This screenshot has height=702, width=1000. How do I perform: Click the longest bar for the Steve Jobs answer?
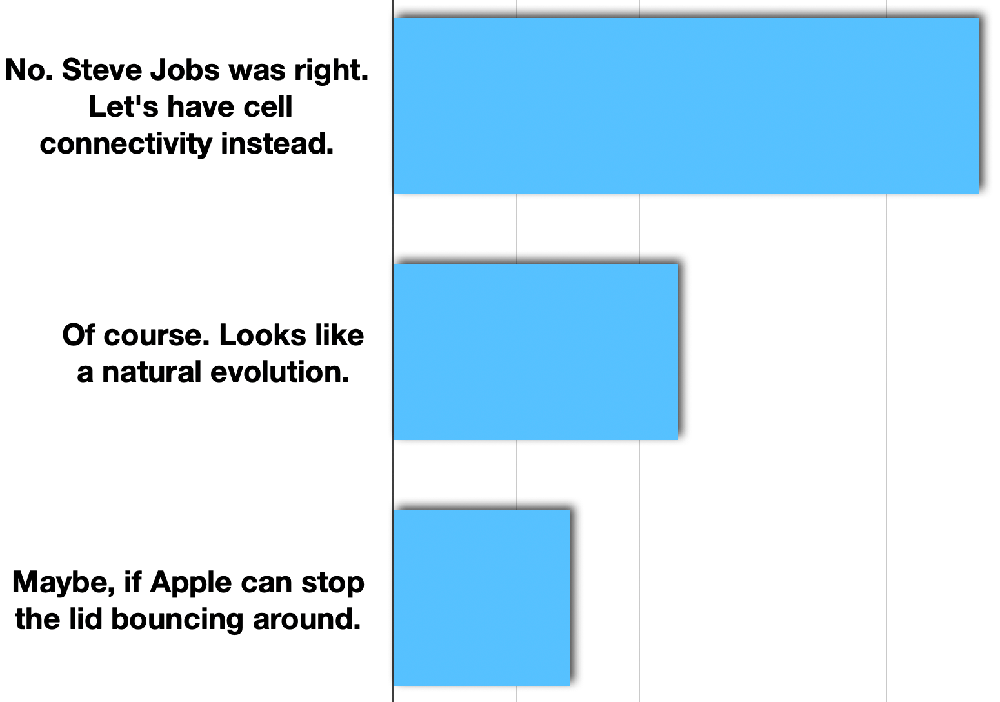(686, 106)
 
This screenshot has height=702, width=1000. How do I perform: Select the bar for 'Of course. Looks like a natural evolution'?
(535, 352)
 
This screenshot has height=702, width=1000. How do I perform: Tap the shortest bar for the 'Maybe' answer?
(482, 598)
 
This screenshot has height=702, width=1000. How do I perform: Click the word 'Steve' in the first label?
(101, 70)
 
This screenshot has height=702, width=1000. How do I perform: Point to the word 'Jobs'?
(185, 70)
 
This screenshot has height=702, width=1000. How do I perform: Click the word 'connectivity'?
(126, 145)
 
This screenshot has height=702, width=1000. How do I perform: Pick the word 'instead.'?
(277, 144)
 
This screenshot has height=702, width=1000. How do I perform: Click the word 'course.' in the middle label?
(157, 336)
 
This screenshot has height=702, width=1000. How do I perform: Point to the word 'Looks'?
(263, 336)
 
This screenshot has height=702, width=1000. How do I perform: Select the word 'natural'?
(152, 372)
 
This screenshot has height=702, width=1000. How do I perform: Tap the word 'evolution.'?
(280, 372)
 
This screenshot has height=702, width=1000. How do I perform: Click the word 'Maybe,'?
(63, 584)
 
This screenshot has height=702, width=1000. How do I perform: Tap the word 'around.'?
(306, 619)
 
